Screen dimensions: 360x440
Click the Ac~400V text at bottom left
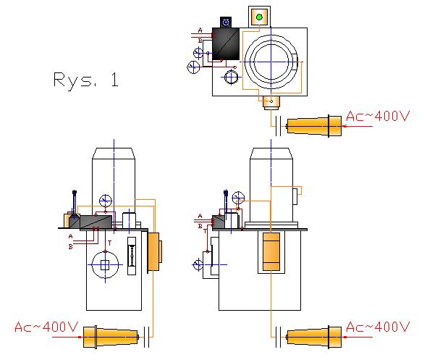click(x=46, y=327)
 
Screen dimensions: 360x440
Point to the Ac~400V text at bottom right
click(x=378, y=327)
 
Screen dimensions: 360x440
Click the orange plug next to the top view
click(x=315, y=126)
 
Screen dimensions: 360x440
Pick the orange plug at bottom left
click(x=110, y=337)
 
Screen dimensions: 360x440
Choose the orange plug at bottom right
click(x=315, y=337)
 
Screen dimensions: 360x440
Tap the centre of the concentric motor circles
click(x=271, y=60)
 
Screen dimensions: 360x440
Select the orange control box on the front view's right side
click(x=154, y=251)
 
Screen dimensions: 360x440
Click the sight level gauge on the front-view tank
click(x=131, y=256)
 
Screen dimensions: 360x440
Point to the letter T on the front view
click(x=109, y=243)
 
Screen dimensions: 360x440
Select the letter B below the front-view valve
click(x=71, y=246)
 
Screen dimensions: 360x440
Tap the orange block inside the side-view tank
click(x=271, y=252)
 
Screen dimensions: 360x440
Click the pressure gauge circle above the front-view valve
click(x=106, y=201)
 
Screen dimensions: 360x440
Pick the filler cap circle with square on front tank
click(x=105, y=264)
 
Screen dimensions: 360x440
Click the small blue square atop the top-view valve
click(x=226, y=22)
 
